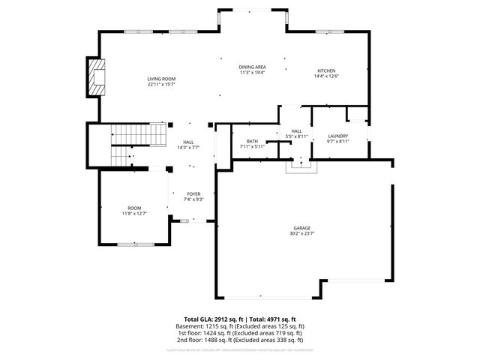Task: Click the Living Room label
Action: (160, 79)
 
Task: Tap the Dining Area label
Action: (253, 67)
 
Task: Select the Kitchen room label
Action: (325, 70)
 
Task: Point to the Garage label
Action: (302, 227)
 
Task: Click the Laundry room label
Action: (338, 136)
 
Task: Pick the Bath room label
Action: (252, 141)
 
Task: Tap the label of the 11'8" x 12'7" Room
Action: (134, 208)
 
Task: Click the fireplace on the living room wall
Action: (95, 77)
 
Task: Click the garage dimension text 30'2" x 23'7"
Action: (302, 232)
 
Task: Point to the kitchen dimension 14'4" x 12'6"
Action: (325, 76)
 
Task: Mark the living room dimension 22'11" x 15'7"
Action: (160, 84)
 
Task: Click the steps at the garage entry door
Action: (298, 165)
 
